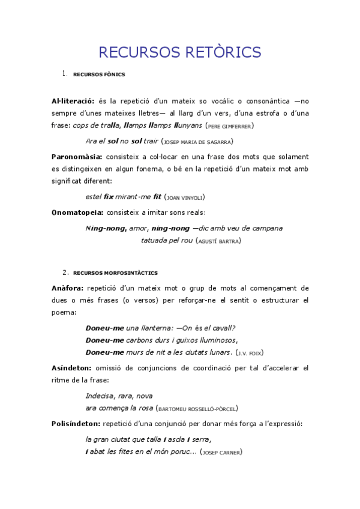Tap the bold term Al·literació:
coord(72,101)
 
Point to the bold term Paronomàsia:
coord(77,156)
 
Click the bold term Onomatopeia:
coord(77,212)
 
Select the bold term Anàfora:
coord(67,288)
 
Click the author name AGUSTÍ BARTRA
coord(219,241)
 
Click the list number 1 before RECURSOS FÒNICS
coord(64,74)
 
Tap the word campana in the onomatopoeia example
coord(265,228)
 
